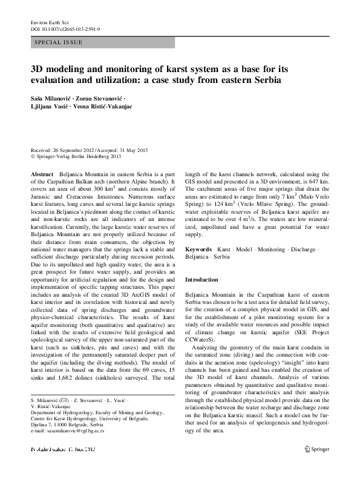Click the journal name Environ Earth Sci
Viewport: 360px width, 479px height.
[49, 21]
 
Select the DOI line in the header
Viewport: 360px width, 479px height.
[62, 28]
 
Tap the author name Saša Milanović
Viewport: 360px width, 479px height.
[55, 98]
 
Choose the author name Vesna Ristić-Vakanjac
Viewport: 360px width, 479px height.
[109, 108]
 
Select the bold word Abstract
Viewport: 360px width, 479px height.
[42, 173]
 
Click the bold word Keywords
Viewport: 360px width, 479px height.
[198, 249]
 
